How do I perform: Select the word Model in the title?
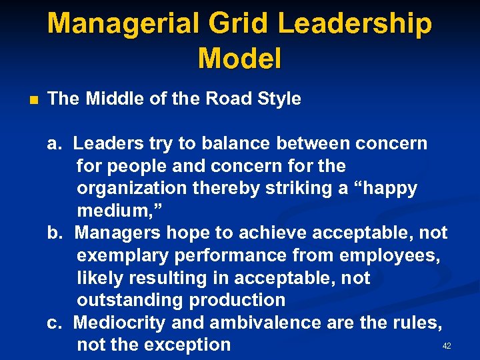[239, 59]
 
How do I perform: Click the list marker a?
[53, 143]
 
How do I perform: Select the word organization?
[131, 188]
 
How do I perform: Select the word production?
[238, 300]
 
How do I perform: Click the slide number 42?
[447, 346]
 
